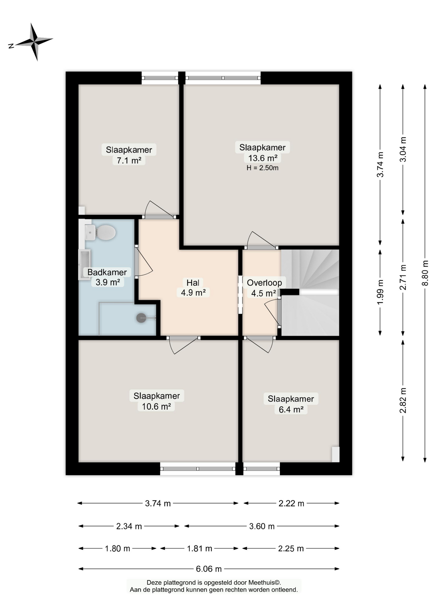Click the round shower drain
tap(141, 318)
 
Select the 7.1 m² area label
tap(129, 160)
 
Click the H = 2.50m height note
tap(262, 168)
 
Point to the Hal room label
tap(193, 283)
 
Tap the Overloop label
tap(264, 283)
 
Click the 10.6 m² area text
tap(156, 406)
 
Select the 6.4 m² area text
tap(291, 410)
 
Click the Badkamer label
tap(107, 272)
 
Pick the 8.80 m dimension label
tap(425, 273)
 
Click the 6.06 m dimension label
tap(209, 569)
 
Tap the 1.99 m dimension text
tap(380, 292)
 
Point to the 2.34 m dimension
tap(129, 526)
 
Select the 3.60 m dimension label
tap(262, 526)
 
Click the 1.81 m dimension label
tap(200, 549)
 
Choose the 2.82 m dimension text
tap(403, 400)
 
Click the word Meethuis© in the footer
tap(265, 583)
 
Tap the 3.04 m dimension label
tap(403, 149)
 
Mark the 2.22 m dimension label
tap(291, 503)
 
